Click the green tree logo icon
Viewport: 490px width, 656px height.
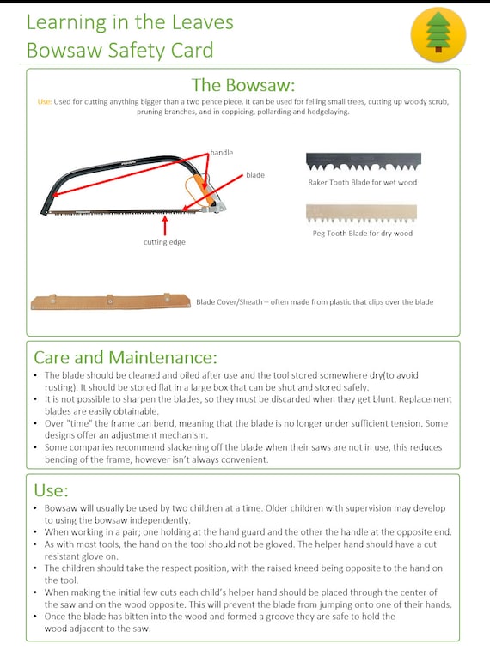(x=438, y=33)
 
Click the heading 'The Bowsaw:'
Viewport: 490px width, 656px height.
(x=243, y=85)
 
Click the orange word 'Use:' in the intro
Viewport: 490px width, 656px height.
(x=45, y=102)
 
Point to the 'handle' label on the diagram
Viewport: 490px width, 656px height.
(x=222, y=153)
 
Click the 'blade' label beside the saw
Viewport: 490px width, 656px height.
(x=255, y=175)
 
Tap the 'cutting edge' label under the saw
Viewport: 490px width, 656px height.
(x=164, y=242)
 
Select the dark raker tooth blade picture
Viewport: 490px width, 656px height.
(x=364, y=161)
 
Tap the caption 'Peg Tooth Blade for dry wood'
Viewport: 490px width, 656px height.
(x=362, y=234)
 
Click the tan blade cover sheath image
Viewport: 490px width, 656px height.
(x=111, y=301)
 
